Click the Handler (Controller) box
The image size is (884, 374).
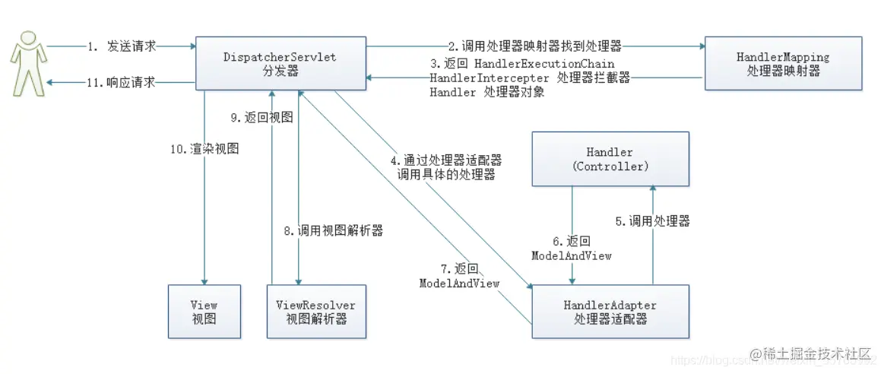click(610, 159)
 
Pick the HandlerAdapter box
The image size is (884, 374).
click(610, 312)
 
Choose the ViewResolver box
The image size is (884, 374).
click(315, 312)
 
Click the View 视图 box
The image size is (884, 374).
click(204, 312)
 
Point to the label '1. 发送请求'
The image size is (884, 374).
click(122, 46)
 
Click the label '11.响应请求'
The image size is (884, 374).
click(122, 83)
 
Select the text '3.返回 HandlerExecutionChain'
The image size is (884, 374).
click(522, 64)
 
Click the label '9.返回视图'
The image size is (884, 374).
click(263, 118)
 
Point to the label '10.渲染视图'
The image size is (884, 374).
click(204, 149)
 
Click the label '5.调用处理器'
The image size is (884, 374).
click(653, 221)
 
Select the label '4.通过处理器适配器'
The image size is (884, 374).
click(446, 161)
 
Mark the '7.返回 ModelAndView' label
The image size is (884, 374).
click(460, 275)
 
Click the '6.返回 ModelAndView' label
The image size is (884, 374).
click(572, 249)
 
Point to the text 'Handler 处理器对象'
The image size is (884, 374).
click(486, 93)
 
